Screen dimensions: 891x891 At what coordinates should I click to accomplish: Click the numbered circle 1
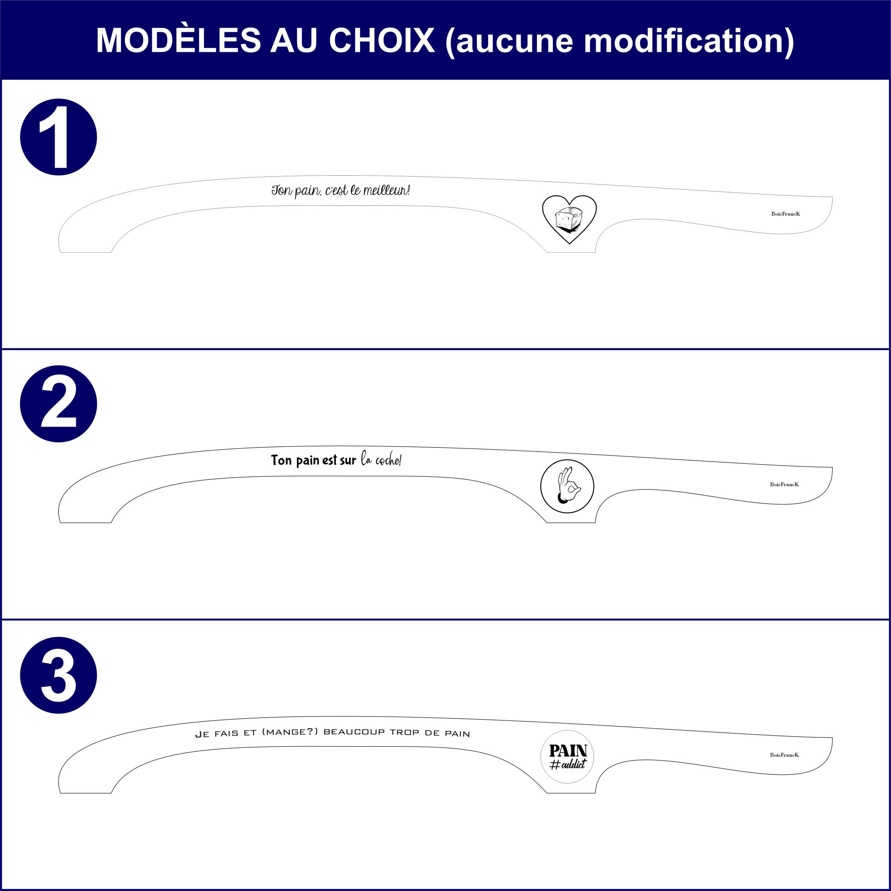tap(59, 137)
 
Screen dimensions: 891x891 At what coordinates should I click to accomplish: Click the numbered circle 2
tap(59, 404)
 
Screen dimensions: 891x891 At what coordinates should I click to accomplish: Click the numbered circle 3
tap(59, 675)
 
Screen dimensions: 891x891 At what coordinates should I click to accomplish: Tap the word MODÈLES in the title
tap(178, 40)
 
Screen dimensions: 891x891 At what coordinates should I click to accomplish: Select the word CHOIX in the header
tap(382, 40)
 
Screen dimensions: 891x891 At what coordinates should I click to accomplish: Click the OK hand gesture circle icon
tap(567, 486)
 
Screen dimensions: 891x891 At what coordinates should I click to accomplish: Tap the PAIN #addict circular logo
tap(567, 757)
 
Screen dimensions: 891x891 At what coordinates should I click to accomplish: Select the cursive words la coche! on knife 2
tap(381, 460)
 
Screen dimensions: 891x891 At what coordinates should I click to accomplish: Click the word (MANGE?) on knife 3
tap(290, 732)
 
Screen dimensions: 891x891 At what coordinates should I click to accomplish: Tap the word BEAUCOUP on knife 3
tap(354, 732)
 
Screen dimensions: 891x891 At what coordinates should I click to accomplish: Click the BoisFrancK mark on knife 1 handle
tap(785, 214)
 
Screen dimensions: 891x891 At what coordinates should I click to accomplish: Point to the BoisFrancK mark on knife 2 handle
tap(784, 485)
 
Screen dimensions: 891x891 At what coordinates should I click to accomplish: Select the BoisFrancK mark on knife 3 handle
tap(784, 755)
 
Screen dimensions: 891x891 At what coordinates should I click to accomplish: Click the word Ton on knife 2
tap(281, 460)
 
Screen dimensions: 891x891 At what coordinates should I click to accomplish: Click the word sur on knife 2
tap(348, 461)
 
